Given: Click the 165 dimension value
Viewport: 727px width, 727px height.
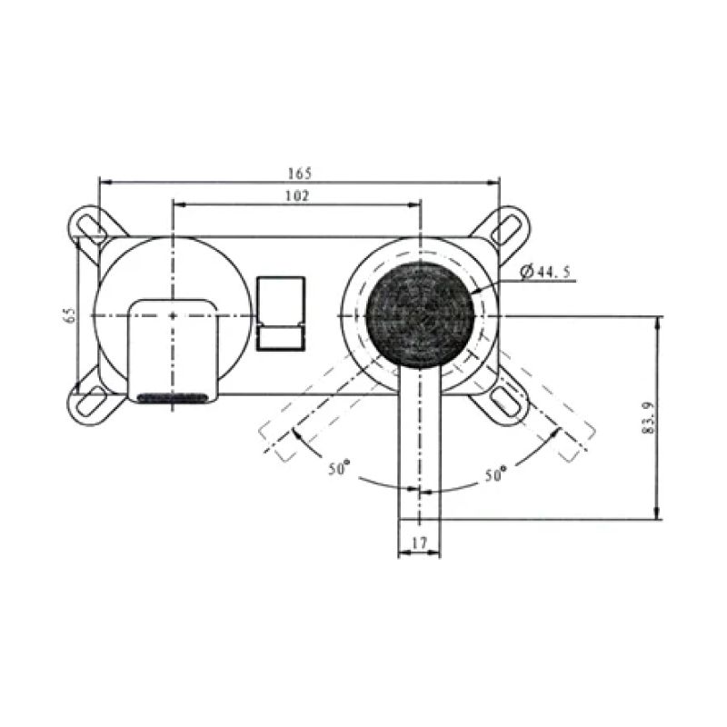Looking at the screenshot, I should [x=300, y=173].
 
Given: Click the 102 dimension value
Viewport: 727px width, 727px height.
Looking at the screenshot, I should [x=297, y=195].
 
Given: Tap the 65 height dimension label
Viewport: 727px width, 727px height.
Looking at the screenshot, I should [x=69, y=315].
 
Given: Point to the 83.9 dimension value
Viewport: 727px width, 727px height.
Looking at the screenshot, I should [x=647, y=418].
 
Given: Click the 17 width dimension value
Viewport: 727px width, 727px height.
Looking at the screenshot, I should [x=420, y=543].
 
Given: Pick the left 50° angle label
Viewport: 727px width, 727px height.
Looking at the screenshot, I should [x=339, y=470].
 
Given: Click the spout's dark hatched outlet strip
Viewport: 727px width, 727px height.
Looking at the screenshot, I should [x=173, y=397].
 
